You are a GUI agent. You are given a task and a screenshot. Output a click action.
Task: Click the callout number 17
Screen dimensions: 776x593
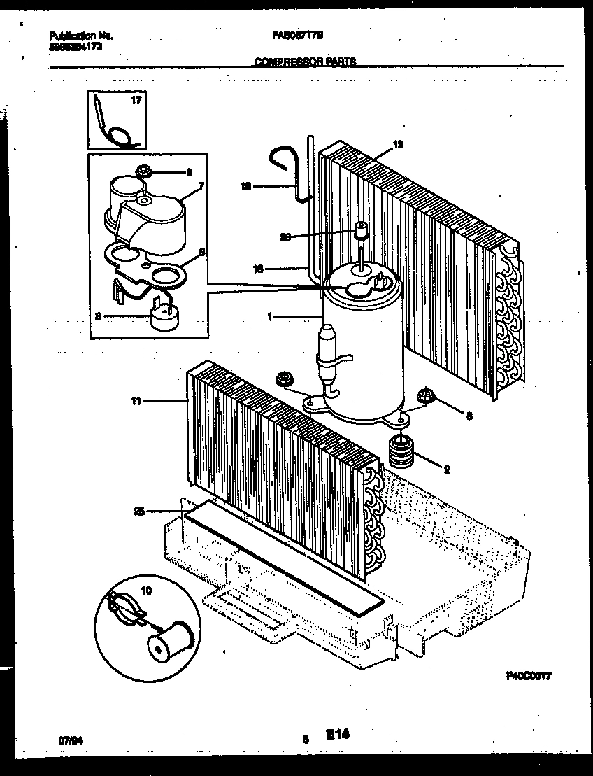point(136,101)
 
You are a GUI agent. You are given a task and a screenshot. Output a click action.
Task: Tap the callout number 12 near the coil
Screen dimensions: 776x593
point(398,145)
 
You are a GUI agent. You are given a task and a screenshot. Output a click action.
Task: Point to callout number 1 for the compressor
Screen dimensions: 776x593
point(270,316)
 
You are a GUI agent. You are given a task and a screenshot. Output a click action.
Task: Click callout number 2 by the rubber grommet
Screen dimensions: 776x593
point(446,470)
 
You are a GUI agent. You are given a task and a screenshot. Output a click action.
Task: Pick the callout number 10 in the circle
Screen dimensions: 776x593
point(146,590)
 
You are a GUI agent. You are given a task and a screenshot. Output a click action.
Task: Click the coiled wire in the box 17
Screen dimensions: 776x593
point(120,129)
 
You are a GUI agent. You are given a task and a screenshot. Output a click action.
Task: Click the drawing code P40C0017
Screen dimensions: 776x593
point(529,676)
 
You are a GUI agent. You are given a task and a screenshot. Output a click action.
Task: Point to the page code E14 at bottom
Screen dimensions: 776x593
point(337,735)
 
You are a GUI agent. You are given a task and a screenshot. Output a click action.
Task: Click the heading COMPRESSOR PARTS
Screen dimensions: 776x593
point(305,62)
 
